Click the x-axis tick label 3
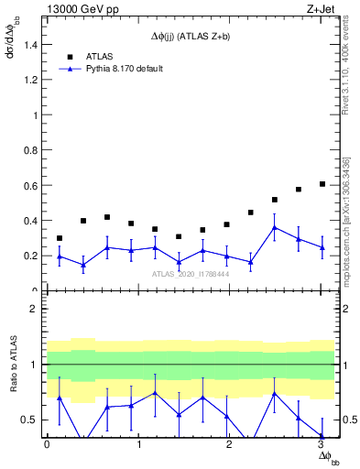(x=322, y=447)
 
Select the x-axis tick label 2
(x=230, y=447)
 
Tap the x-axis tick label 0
(x=47, y=447)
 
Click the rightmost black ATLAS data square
(x=322, y=184)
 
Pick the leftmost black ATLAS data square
(x=60, y=238)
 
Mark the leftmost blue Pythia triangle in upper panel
(x=60, y=256)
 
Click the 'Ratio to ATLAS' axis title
(x=13, y=366)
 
